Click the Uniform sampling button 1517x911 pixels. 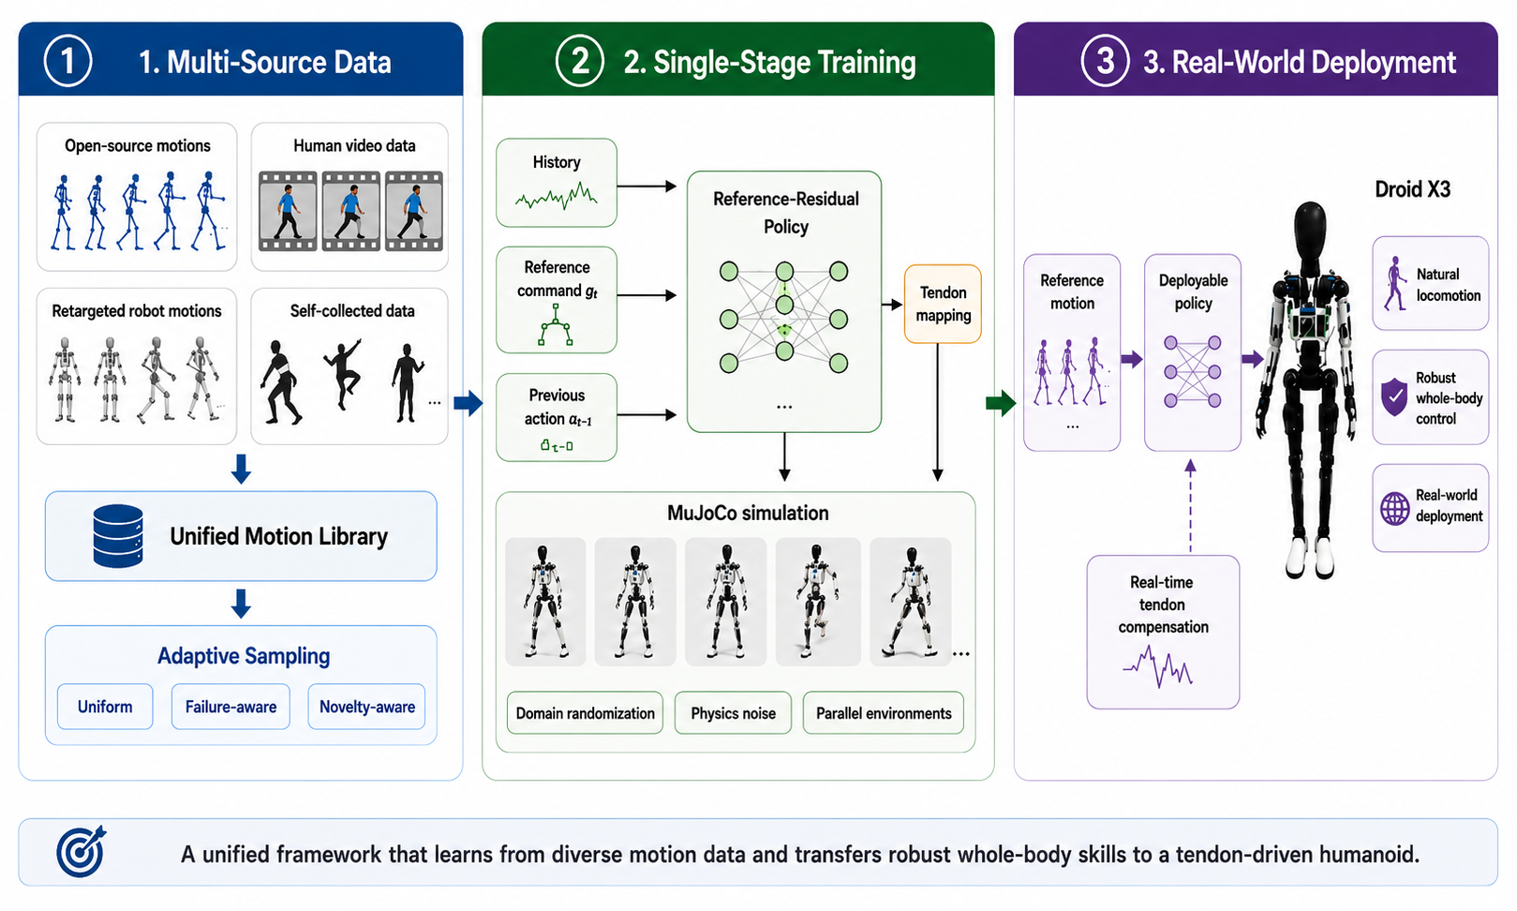[105, 707]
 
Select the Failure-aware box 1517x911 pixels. [231, 707]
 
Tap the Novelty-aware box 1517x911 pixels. [367, 707]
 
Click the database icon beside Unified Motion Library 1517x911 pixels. [118, 536]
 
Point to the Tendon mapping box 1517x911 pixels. [943, 304]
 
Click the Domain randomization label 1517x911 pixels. [585, 713]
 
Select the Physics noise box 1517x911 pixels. [734, 713]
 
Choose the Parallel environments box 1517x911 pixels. [884, 713]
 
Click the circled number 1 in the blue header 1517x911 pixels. [67, 61]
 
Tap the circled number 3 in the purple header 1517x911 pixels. [1105, 61]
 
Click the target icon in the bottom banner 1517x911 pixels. [82, 851]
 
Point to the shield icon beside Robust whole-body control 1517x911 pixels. [1394, 396]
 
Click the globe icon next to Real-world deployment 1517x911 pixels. [1394, 508]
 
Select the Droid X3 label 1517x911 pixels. [1413, 189]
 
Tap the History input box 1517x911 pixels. [557, 183]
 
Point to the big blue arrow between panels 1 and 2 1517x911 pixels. [468, 403]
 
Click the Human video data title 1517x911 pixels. [354, 145]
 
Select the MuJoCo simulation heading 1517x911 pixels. [748, 513]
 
